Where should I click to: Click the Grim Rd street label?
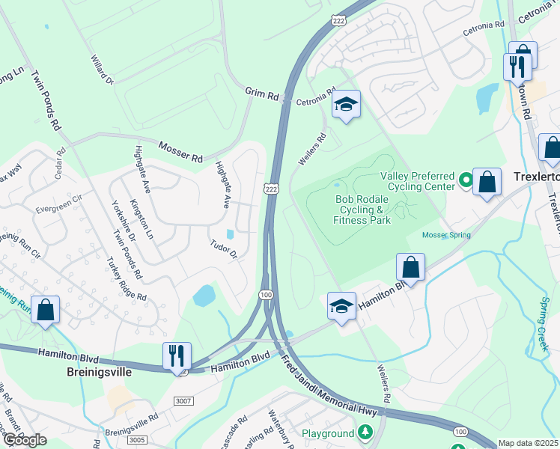pyautogui.click(x=262, y=94)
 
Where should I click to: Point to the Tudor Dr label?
pyautogui.click(x=223, y=248)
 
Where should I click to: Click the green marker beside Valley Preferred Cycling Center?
pyautogui.click(x=465, y=180)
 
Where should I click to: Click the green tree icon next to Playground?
pyautogui.click(x=365, y=432)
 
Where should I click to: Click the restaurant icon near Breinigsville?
pyautogui.click(x=177, y=356)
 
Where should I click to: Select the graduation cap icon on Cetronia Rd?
pyautogui.click(x=346, y=104)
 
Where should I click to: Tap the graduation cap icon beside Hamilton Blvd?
pyautogui.click(x=342, y=306)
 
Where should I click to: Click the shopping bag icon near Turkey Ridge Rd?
pyautogui.click(x=45, y=310)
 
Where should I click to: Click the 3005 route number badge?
pyautogui.click(x=136, y=440)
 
